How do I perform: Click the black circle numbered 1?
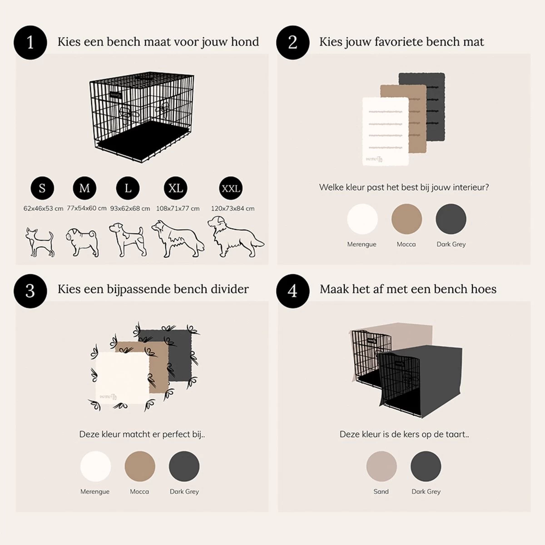point(30,42)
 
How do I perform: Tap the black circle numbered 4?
point(293,291)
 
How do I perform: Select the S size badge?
point(42,188)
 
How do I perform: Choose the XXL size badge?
point(231,188)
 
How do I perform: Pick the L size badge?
point(128,188)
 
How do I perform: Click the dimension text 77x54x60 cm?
point(87,208)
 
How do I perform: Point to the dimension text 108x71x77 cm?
point(178,208)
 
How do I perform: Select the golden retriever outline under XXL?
point(235,237)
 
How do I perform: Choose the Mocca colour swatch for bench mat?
point(406,219)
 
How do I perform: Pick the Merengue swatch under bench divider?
point(95,466)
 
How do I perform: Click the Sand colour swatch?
point(381,466)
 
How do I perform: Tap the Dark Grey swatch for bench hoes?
point(426,466)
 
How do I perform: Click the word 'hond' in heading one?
point(245,42)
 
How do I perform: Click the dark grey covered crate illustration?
point(420,381)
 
